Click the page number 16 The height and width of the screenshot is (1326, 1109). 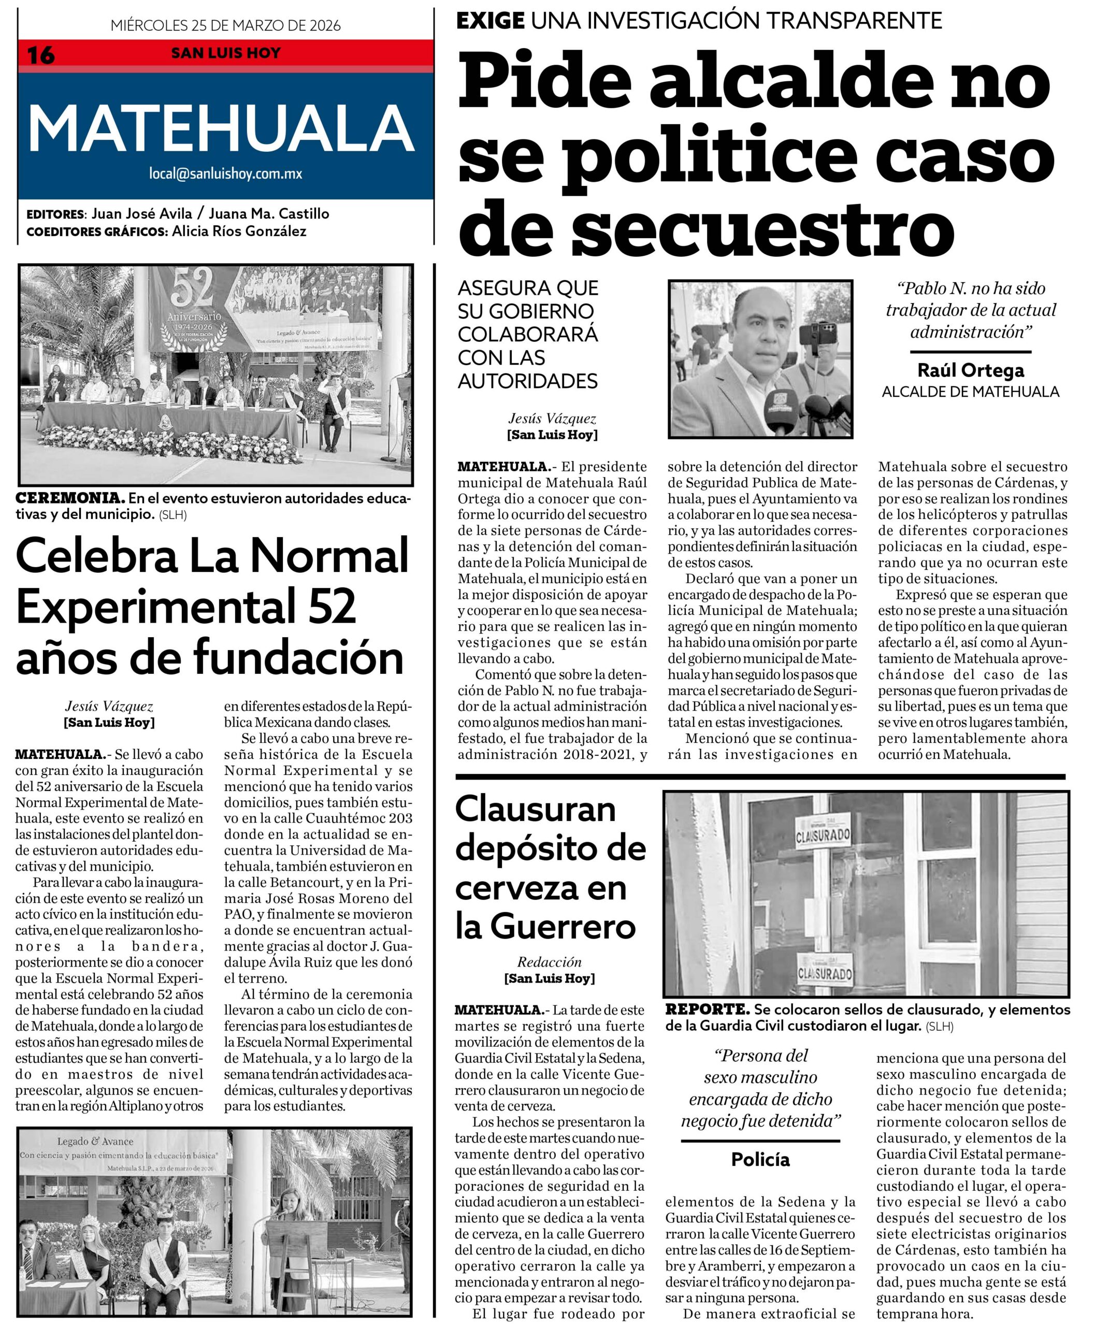(x=40, y=55)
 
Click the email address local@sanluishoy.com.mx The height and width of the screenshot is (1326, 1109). (x=225, y=173)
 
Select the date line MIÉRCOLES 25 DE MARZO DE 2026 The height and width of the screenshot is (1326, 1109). (x=225, y=25)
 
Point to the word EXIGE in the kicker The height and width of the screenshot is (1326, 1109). (x=490, y=21)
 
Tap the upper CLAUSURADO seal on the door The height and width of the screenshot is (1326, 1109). (x=822, y=835)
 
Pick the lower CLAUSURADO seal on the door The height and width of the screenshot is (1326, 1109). (x=825, y=973)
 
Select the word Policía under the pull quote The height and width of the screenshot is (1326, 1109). (x=760, y=1159)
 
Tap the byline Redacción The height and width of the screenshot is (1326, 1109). (x=549, y=962)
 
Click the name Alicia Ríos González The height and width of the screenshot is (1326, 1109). (x=239, y=231)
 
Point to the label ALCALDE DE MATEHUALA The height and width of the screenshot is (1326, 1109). (x=970, y=392)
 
